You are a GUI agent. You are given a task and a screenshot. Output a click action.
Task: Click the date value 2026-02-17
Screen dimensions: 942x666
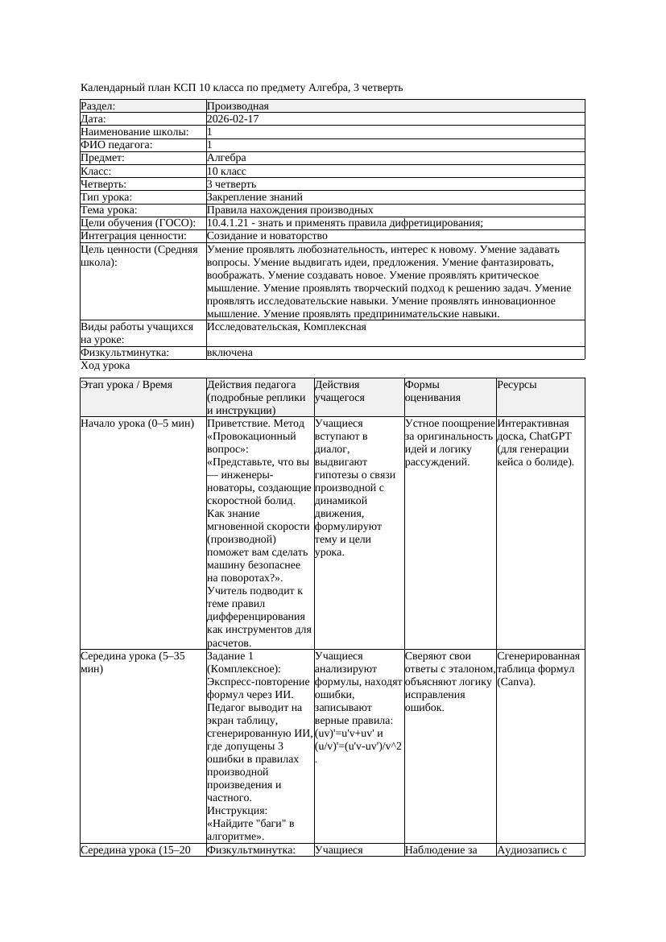click(x=233, y=119)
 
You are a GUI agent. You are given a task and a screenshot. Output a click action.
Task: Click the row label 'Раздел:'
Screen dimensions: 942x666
click(x=98, y=106)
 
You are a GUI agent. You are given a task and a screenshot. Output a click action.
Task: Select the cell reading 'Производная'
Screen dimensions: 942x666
click(x=238, y=106)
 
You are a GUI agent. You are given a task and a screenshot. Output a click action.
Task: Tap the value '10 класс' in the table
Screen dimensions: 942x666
click(x=226, y=171)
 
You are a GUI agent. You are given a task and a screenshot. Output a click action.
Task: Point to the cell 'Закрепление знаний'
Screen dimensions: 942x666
click(x=254, y=197)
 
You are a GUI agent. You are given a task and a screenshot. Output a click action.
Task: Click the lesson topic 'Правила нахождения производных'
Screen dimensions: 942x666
click(x=289, y=210)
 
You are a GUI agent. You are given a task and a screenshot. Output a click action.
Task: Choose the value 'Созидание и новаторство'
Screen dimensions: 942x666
click(x=267, y=236)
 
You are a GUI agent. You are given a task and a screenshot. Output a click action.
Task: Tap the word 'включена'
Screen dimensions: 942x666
click(x=230, y=353)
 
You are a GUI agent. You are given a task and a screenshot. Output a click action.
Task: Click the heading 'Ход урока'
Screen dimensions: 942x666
click(x=105, y=366)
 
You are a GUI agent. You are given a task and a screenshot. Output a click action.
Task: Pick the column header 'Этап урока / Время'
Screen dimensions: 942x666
click(x=126, y=386)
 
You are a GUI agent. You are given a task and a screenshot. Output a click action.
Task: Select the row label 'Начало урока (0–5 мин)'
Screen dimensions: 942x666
click(x=138, y=423)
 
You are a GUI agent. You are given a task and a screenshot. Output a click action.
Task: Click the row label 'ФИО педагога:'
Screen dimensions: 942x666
click(x=117, y=145)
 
